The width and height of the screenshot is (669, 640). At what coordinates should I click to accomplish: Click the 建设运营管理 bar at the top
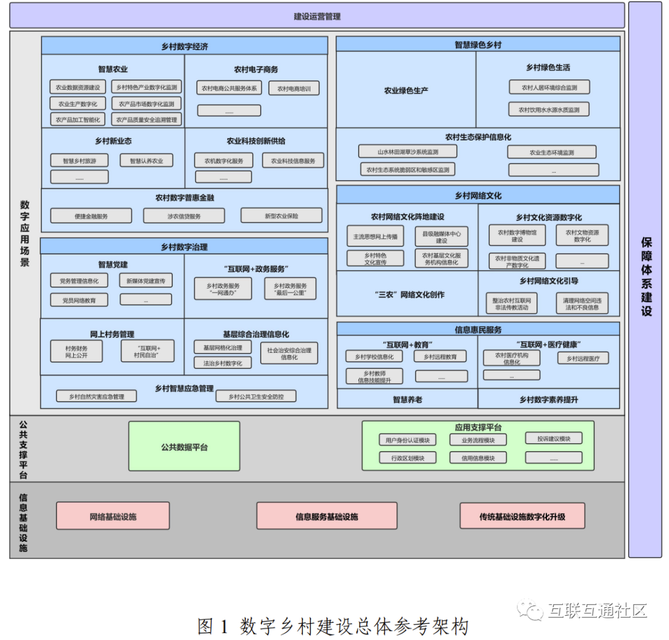[317, 16]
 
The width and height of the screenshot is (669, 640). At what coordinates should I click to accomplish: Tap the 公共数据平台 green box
[185, 447]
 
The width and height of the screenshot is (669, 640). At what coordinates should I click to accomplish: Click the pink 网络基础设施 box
[113, 516]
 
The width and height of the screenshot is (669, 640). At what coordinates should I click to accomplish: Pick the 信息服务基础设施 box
[326, 516]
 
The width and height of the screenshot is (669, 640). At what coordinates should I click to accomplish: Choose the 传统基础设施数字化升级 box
[522, 516]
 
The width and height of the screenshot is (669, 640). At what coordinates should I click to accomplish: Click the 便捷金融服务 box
[91, 216]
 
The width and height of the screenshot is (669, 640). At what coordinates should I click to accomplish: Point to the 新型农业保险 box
[281, 216]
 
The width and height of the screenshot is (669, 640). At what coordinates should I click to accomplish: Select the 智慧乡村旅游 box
[79, 161]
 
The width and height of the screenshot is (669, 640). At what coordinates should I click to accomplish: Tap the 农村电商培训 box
[294, 89]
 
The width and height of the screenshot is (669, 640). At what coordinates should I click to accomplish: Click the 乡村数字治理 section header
[184, 246]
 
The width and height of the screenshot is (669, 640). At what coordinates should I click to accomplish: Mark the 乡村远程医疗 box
[583, 358]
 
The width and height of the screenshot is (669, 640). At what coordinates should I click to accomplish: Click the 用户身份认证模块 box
[407, 440]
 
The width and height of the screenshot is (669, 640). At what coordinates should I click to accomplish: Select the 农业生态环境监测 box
[551, 152]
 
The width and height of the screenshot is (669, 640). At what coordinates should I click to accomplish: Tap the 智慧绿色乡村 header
[478, 45]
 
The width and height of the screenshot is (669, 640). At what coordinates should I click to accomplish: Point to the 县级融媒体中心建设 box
[441, 237]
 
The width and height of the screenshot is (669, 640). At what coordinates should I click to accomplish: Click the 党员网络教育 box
[79, 300]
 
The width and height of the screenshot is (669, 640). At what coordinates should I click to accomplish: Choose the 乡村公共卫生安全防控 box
[256, 396]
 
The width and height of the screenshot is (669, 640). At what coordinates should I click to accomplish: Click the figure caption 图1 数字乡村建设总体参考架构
[333, 626]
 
